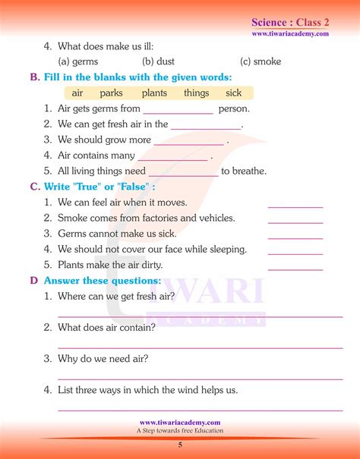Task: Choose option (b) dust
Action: [159, 61]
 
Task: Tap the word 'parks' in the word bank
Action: [111, 93]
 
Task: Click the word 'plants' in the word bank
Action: [154, 93]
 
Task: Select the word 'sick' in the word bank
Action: [234, 93]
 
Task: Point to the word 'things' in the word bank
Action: [196, 93]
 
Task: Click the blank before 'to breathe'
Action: [183, 175]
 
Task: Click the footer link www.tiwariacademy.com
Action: [180, 423]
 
